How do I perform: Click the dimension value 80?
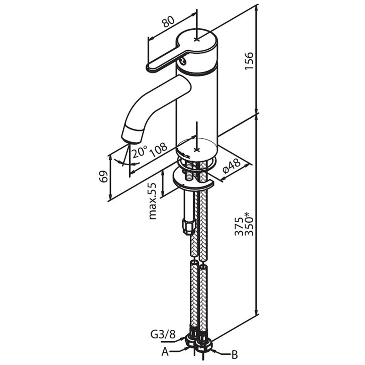(168, 21)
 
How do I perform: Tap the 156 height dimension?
(249, 61)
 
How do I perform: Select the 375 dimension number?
(239, 226)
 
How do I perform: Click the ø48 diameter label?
(231, 166)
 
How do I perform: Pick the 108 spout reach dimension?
(158, 150)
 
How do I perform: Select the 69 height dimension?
(104, 177)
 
